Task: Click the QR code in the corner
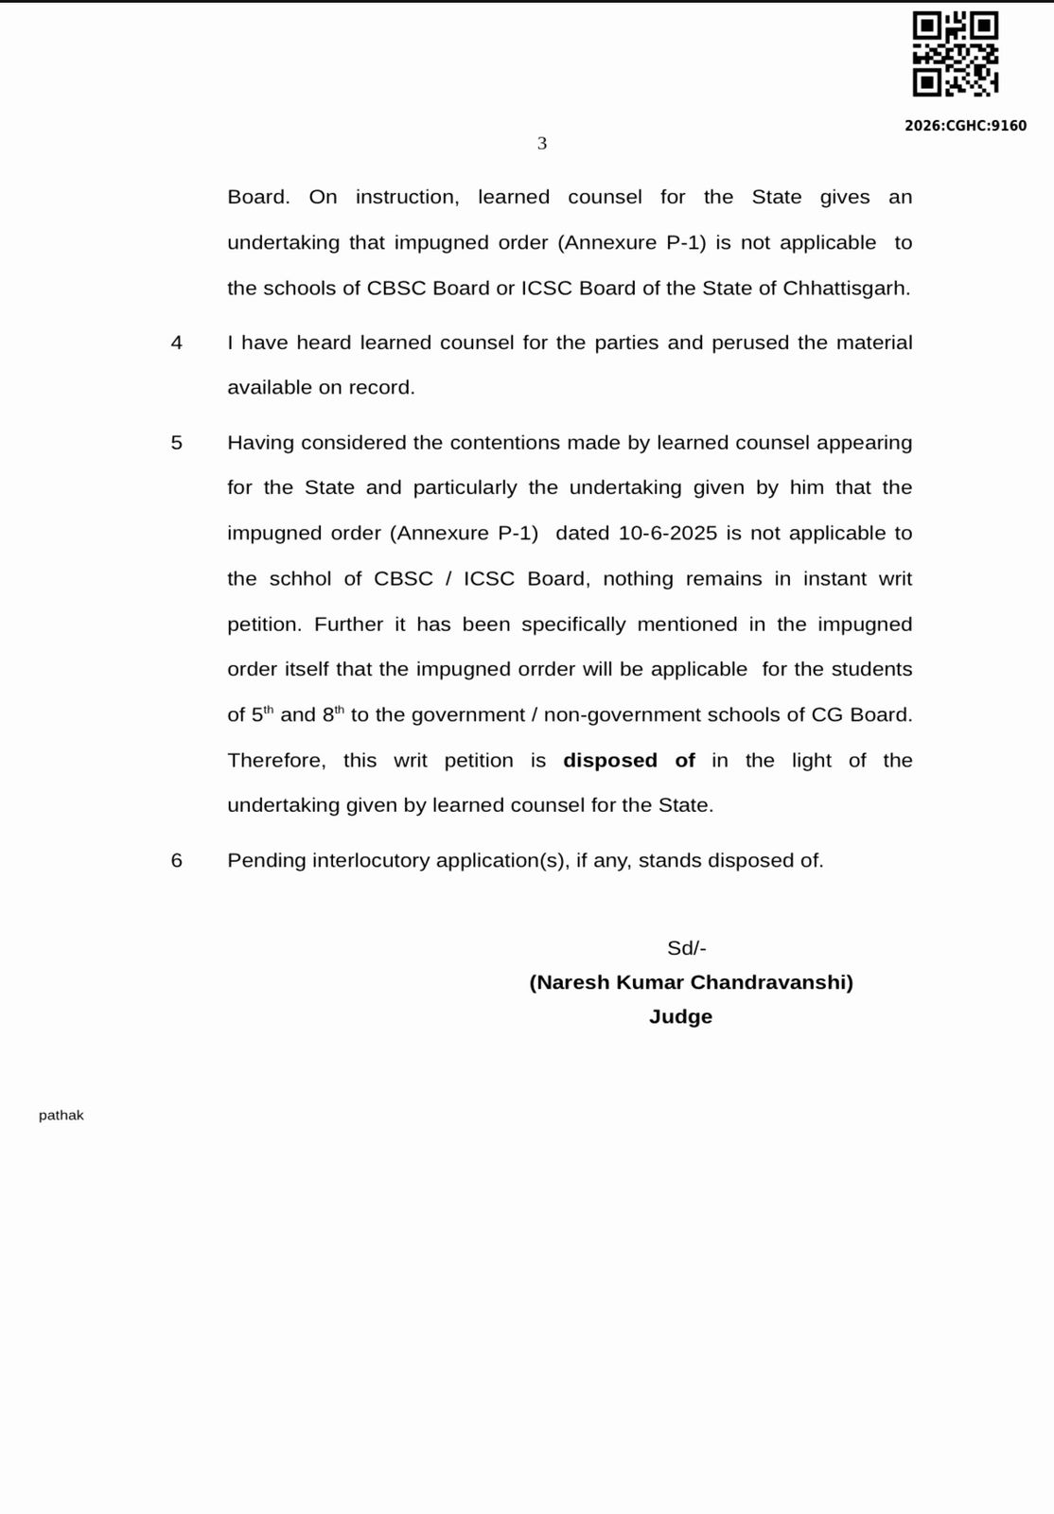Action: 955,54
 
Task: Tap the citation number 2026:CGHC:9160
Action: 965,126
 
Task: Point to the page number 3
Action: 542,144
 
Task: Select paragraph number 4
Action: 177,343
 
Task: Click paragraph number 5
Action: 177,443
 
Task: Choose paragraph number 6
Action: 177,861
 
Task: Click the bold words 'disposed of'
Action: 629,761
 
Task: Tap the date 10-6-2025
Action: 669,534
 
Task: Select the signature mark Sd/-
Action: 687,948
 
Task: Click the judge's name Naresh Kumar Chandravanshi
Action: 691,982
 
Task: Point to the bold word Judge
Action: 680,1017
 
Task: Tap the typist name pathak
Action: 61,1116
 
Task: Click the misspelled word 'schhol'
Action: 300,579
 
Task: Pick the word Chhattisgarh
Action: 846,289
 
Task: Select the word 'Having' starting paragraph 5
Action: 261,443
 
